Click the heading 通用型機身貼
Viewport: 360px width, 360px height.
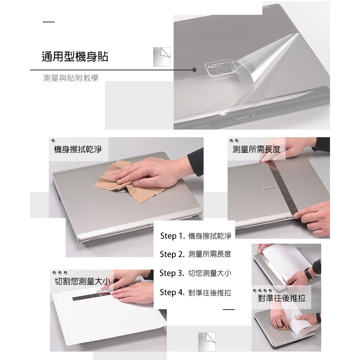(x=75, y=56)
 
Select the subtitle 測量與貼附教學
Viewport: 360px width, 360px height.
(x=71, y=78)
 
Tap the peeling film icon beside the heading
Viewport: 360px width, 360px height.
(x=162, y=57)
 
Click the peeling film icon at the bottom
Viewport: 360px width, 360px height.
(x=207, y=342)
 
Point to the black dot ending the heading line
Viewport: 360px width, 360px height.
(x=194, y=70)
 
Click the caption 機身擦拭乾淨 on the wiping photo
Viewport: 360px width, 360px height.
(x=78, y=149)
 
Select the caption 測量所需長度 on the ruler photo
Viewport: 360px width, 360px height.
(x=256, y=149)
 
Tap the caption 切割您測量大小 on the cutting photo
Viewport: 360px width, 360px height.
(x=83, y=281)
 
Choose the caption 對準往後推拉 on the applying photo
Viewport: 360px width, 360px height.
(x=282, y=298)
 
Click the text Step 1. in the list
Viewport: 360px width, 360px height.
(x=172, y=236)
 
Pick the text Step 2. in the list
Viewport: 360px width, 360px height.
(x=172, y=254)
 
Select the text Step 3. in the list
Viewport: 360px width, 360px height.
(x=172, y=273)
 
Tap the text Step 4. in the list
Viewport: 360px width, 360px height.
(x=172, y=292)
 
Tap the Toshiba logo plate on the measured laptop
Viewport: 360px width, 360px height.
(x=268, y=189)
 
